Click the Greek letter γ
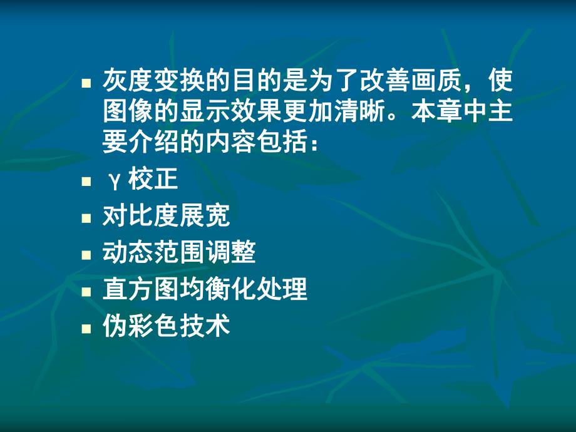[x=113, y=182]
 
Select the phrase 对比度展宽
[x=166, y=217]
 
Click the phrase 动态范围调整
[x=179, y=253]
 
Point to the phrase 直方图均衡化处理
[x=205, y=289]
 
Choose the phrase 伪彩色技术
[x=166, y=326]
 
